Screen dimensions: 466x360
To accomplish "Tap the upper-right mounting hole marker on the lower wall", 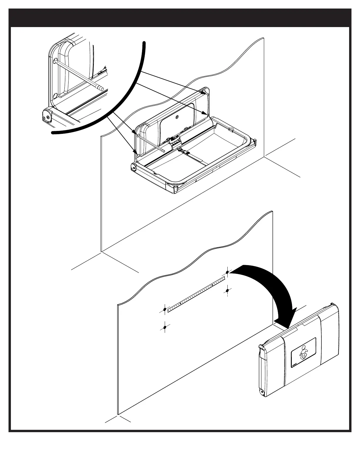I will point(227,272).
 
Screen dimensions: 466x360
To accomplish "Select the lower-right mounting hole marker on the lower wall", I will point(227,291).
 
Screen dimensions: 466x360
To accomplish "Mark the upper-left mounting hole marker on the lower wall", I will point(165,309).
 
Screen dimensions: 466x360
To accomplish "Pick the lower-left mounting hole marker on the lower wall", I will point(165,327).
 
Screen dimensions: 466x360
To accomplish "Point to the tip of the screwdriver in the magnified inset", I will point(101,88).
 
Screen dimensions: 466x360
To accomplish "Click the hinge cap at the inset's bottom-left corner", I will point(46,116).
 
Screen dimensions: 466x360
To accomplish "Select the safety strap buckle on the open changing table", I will point(186,153).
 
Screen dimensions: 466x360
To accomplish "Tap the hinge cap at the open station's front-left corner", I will point(133,167).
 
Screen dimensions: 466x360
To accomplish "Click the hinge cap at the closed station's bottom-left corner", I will point(261,392).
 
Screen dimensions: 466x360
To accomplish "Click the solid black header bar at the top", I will point(180,18).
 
